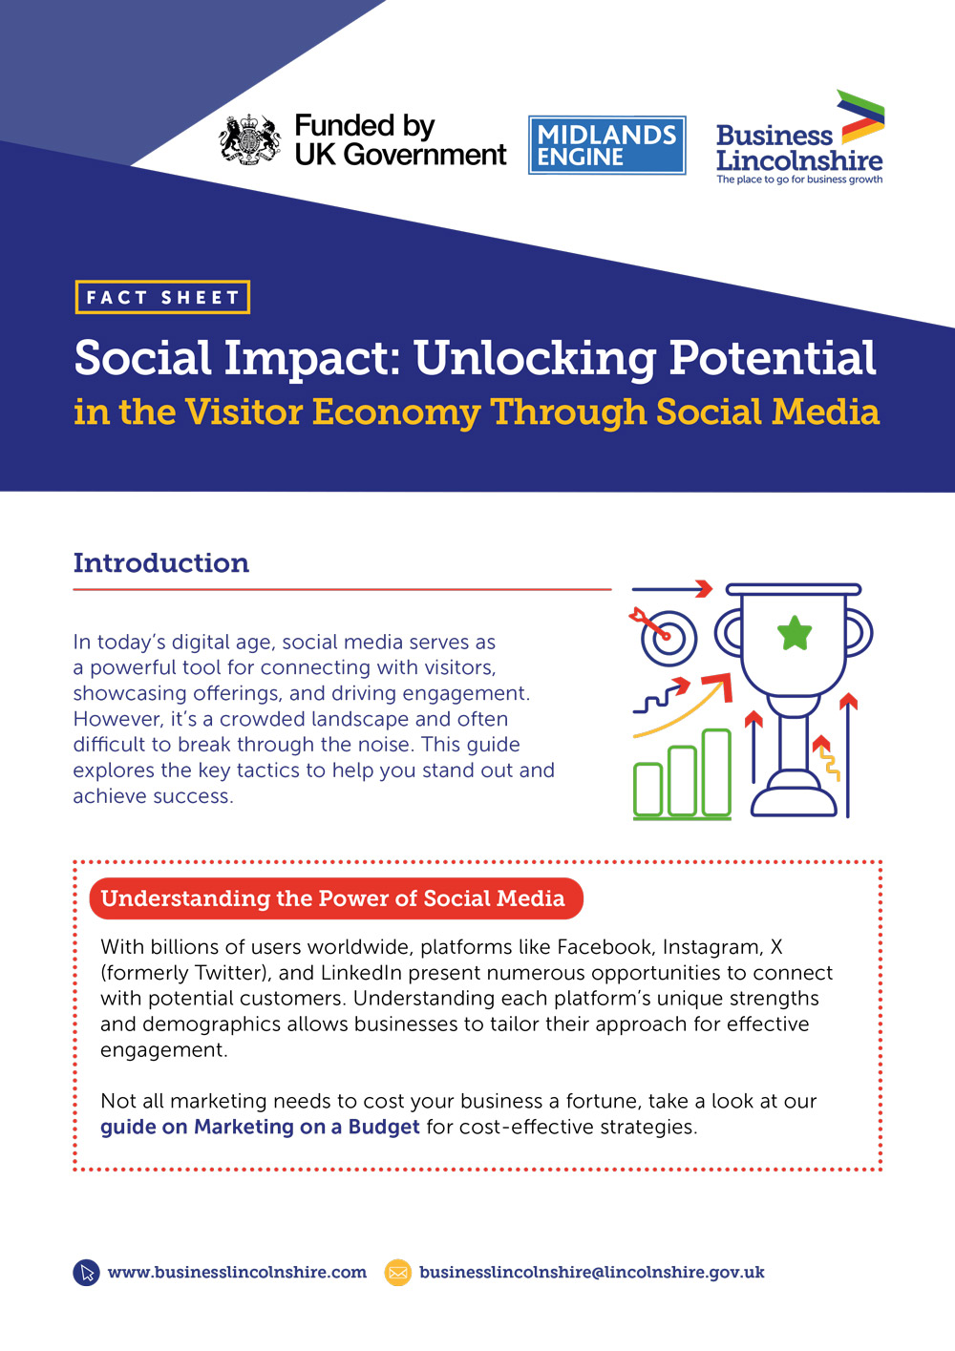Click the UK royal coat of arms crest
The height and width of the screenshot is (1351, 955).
(x=250, y=140)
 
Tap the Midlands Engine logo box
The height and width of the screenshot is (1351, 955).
(x=607, y=145)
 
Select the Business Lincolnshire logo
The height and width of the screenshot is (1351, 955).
(x=800, y=137)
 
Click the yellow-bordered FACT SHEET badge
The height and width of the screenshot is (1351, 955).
(x=162, y=297)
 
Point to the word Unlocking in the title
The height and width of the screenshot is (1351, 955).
(x=535, y=358)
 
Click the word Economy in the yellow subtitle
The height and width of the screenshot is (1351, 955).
(x=396, y=413)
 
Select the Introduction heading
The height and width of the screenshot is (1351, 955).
(x=161, y=562)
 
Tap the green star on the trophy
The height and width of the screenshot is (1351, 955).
(x=795, y=633)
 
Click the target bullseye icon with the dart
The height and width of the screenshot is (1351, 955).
(x=664, y=636)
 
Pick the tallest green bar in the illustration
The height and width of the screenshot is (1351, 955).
(x=716, y=772)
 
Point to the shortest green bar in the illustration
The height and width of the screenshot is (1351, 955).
(x=648, y=790)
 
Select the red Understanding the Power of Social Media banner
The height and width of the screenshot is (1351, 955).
(x=336, y=898)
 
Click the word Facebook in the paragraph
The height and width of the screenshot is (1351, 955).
(x=604, y=947)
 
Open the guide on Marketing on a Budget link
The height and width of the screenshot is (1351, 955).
(x=260, y=1127)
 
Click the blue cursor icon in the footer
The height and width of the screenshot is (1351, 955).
(x=86, y=1273)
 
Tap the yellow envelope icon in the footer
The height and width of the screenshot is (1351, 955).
(x=398, y=1273)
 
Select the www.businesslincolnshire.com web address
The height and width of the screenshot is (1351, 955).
(x=237, y=1272)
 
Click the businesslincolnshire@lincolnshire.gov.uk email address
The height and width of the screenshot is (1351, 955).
(x=592, y=1273)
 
